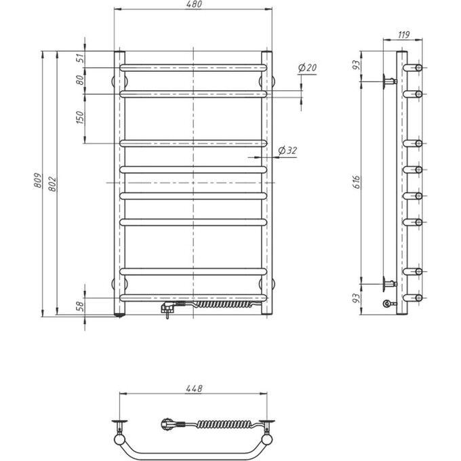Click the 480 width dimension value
pyautogui.click(x=193, y=5)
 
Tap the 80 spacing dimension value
pyautogui.click(x=81, y=80)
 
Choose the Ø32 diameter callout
pyautogui.click(x=288, y=151)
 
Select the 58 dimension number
pyautogui.click(x=81, y=306)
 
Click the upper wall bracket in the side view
pyautogui.click(x=388, y=81)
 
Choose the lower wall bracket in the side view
pyautogui.click(x=388, y=283)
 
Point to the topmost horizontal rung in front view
pyautogui.click(x=193, y=67)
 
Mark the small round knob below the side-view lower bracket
pyautogui.click(x=388, y=304)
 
